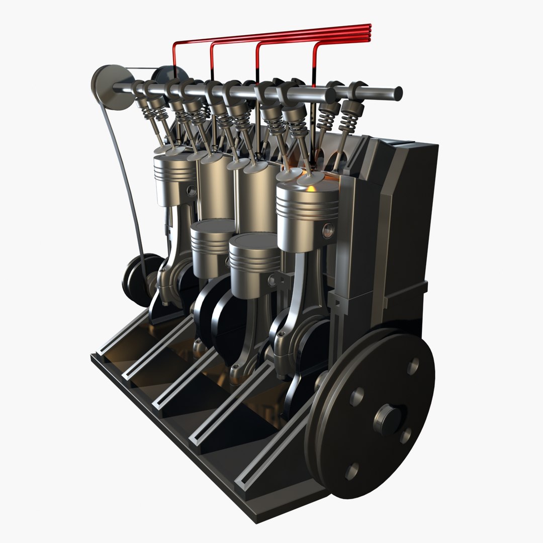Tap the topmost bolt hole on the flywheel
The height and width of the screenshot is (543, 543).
[413, 366]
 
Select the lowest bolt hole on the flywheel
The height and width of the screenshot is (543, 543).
[352, 471]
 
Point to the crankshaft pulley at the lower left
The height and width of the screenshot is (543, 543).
[138, 279]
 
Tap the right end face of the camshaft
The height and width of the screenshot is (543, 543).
[398, 93]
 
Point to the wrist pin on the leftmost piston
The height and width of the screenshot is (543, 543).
[192, 191]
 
